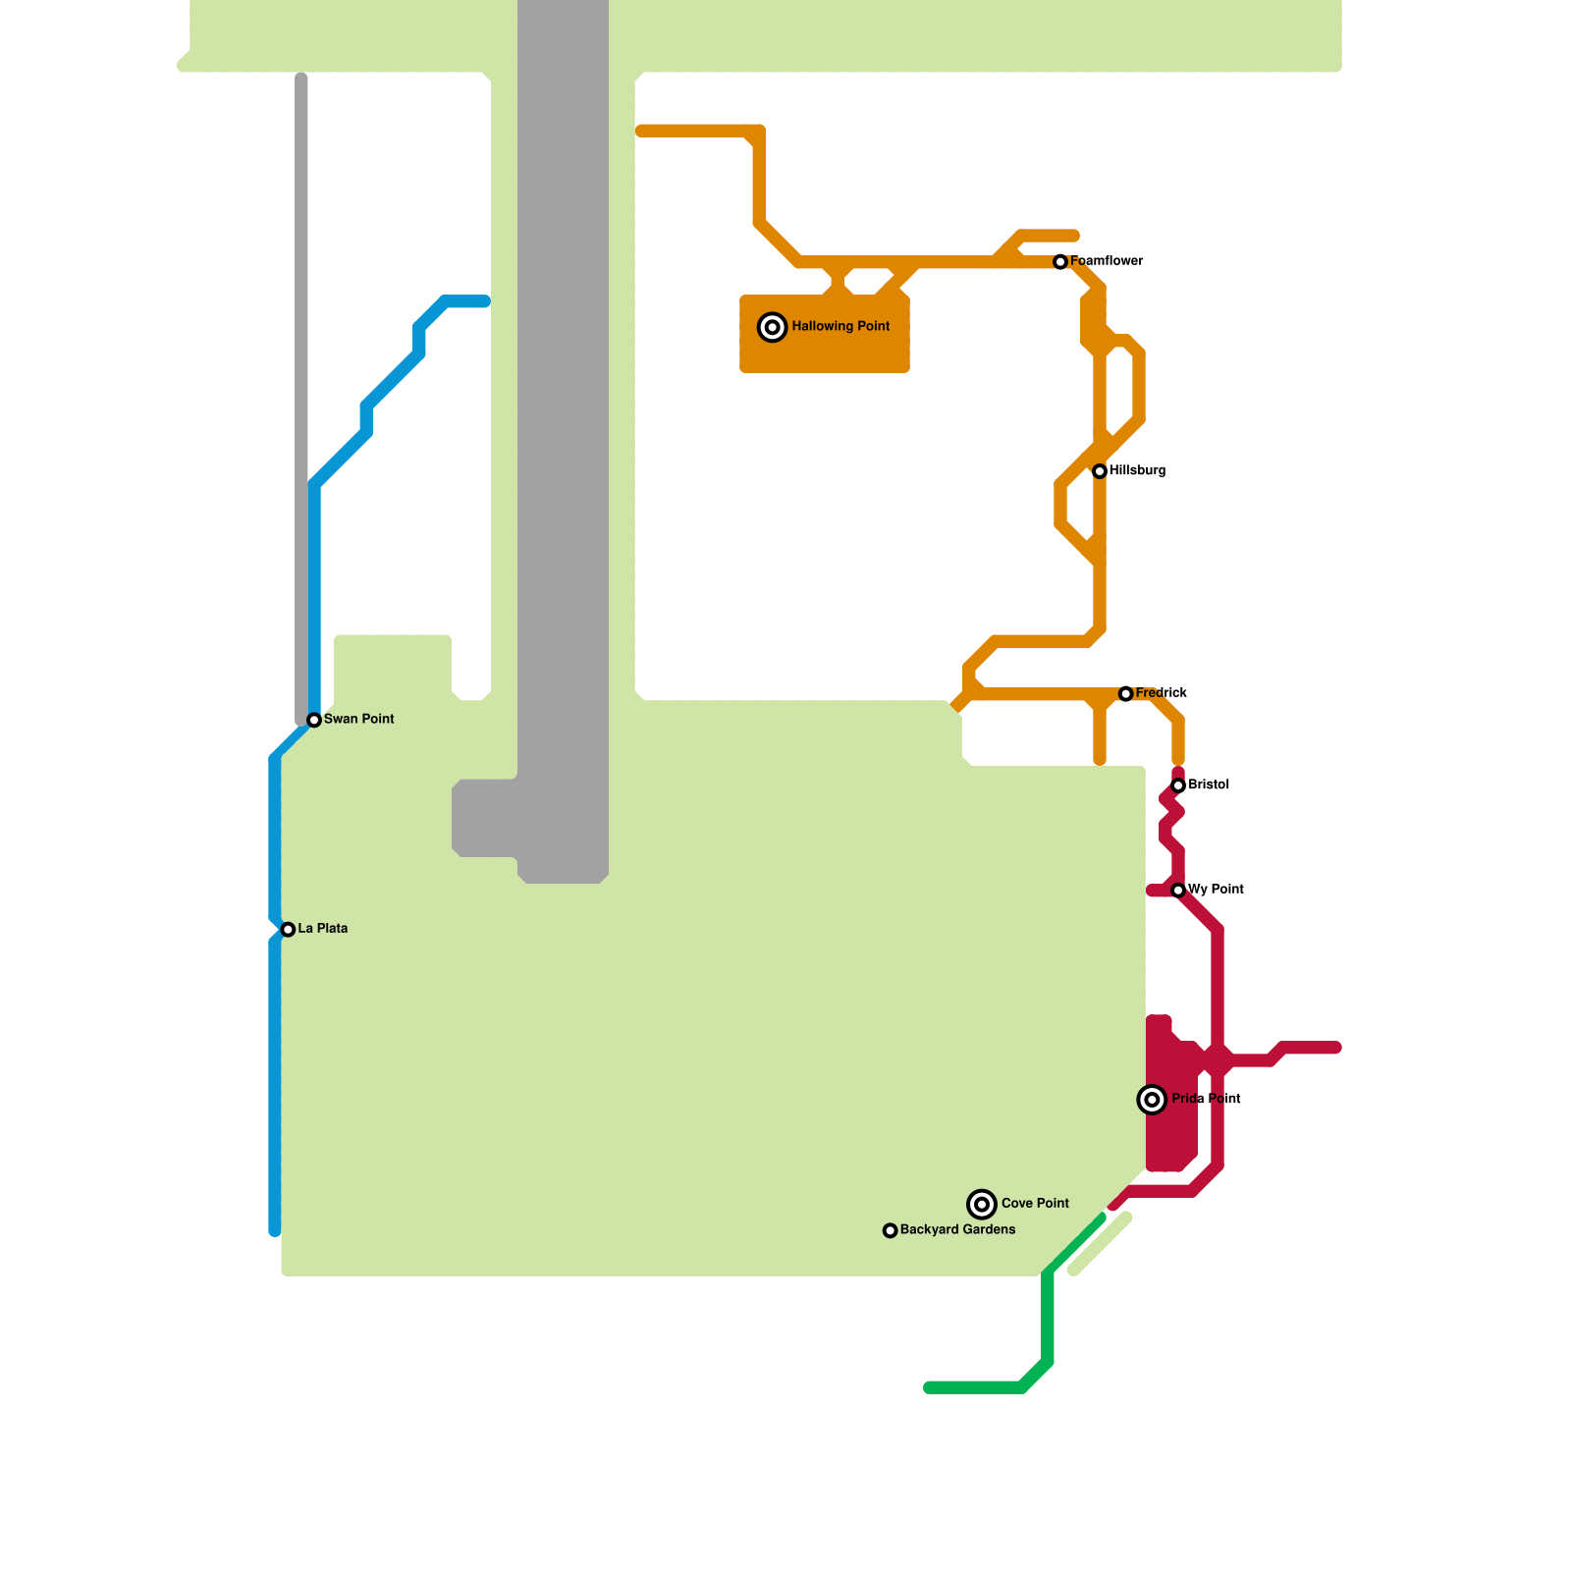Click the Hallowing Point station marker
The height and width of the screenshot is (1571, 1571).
point(773,327)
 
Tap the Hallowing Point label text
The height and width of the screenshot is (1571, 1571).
point(840,326)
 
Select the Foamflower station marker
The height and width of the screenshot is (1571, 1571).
point(1060,262)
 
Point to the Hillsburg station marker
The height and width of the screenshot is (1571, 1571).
point(1100,472)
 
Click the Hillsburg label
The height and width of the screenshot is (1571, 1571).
point(1137,471)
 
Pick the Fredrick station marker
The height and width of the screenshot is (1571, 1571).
point(1126,694)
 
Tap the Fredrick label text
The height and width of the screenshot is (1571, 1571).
point(1161,693)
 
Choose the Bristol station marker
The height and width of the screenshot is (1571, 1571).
point(1178,785)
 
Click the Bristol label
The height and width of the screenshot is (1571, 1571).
point(1208,785)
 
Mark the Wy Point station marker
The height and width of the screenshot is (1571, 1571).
point(1178,891)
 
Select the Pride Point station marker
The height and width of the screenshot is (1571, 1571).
point(1152,1100)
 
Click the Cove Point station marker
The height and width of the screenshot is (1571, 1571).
point(982,1204)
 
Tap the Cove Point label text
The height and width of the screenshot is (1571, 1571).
point(1035,1204)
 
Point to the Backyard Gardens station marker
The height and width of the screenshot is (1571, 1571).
point(891,1231)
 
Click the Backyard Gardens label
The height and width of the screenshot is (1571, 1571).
point(957,1230)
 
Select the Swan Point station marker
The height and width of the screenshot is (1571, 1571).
point(314,721)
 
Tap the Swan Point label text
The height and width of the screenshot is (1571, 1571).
point(358,720)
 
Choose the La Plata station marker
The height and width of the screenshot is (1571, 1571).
point(288,930)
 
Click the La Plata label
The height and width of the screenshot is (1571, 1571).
point(322,929)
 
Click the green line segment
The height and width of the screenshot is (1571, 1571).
point(1048,1316)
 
